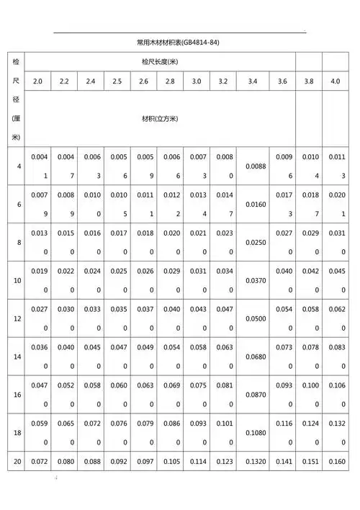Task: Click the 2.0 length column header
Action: tap(37, 81)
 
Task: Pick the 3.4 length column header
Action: tap(253, 81)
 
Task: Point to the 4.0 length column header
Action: tap(336, 81)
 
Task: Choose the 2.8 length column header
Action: tap(170, 81)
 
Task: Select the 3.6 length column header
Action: tap(282, 81)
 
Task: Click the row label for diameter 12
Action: tap(17, 318)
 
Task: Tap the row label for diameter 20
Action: tap(17, 460)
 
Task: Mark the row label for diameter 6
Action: tap(17, 204)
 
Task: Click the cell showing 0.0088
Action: tap(253, 166)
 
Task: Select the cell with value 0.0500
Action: tap(253, 318)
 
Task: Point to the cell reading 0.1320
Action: tap(253, 461)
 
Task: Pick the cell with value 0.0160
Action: tap(253, 204)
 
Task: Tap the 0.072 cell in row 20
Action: tap(37, 461)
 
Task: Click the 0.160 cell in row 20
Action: tap(336, 461)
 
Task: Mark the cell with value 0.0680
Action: tap(253, 357)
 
